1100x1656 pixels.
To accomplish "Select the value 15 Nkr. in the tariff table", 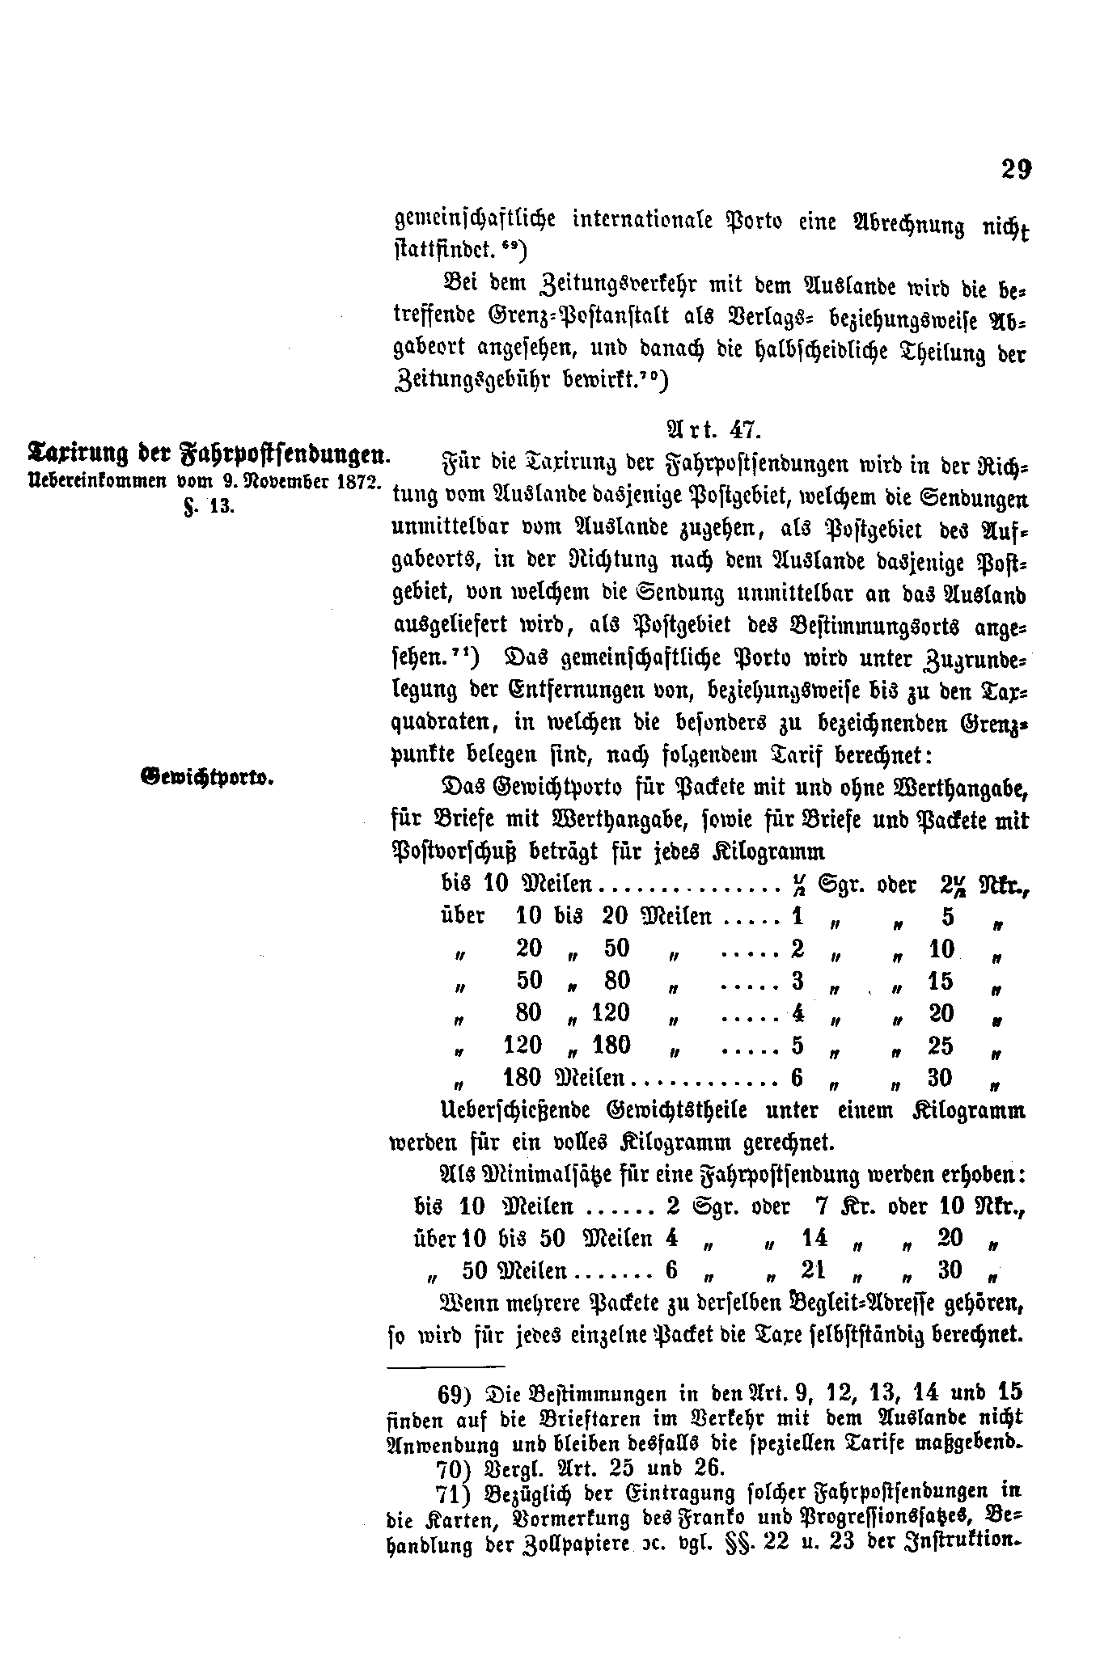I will (x=941, y=981).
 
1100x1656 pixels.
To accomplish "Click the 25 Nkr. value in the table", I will (x=941, y=1046).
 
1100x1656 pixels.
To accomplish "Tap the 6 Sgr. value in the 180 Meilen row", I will (x=797, y=1078).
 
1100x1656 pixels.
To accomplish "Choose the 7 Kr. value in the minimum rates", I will (x=826, y=1206).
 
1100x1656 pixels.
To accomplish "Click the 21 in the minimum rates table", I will (x=812, y=1270).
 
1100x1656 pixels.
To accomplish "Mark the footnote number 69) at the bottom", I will (x=455, y=1394).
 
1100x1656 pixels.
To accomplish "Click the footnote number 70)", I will (x=455, y=1468).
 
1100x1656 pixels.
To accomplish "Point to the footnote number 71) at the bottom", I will (x=455, y=1493).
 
